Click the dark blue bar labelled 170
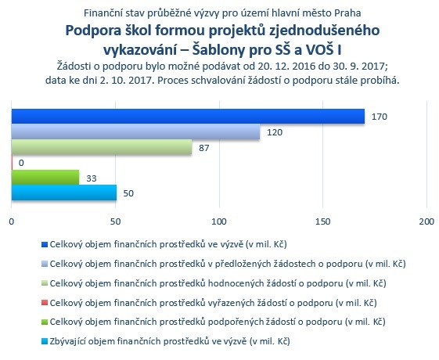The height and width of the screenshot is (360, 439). [x=188, y=116]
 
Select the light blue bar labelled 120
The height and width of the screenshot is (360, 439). [x=135, y=131]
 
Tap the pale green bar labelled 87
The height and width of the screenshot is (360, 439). [x=102, y=147]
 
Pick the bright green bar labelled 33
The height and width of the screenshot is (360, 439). [x=45, y=177]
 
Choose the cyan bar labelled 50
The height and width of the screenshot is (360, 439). [x=64, y=193]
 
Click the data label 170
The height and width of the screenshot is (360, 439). [x=380, y=117]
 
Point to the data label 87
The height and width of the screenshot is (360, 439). [x=203, y=148]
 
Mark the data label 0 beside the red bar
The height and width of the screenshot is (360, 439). [x=21, y=163]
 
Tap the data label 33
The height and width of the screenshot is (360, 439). [x=92, y=178]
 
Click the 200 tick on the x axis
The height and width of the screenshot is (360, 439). [x=426, y=221]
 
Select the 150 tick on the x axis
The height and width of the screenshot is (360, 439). [x=323, y=221]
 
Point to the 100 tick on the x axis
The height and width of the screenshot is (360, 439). [x=219, y=221]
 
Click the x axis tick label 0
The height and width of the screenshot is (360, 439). [x=12, y=221]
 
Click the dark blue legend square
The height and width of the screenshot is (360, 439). [x=45, y=245]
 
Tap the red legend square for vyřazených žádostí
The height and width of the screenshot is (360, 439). [x=45, y=303]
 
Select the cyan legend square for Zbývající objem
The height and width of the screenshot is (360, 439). [x=45, y=341]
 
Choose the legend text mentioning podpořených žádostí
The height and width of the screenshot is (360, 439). [x=218, y=322]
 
